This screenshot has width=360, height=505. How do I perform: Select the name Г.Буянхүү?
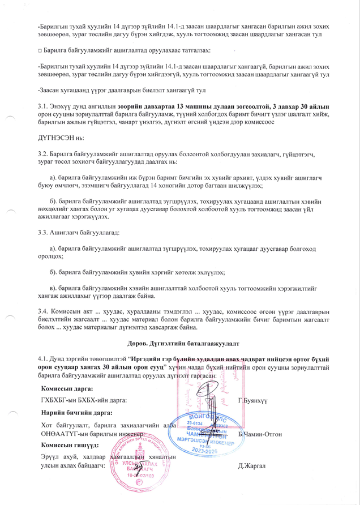[x=252, y=401]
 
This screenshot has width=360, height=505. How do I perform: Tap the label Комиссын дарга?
[x=67, y=389]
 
